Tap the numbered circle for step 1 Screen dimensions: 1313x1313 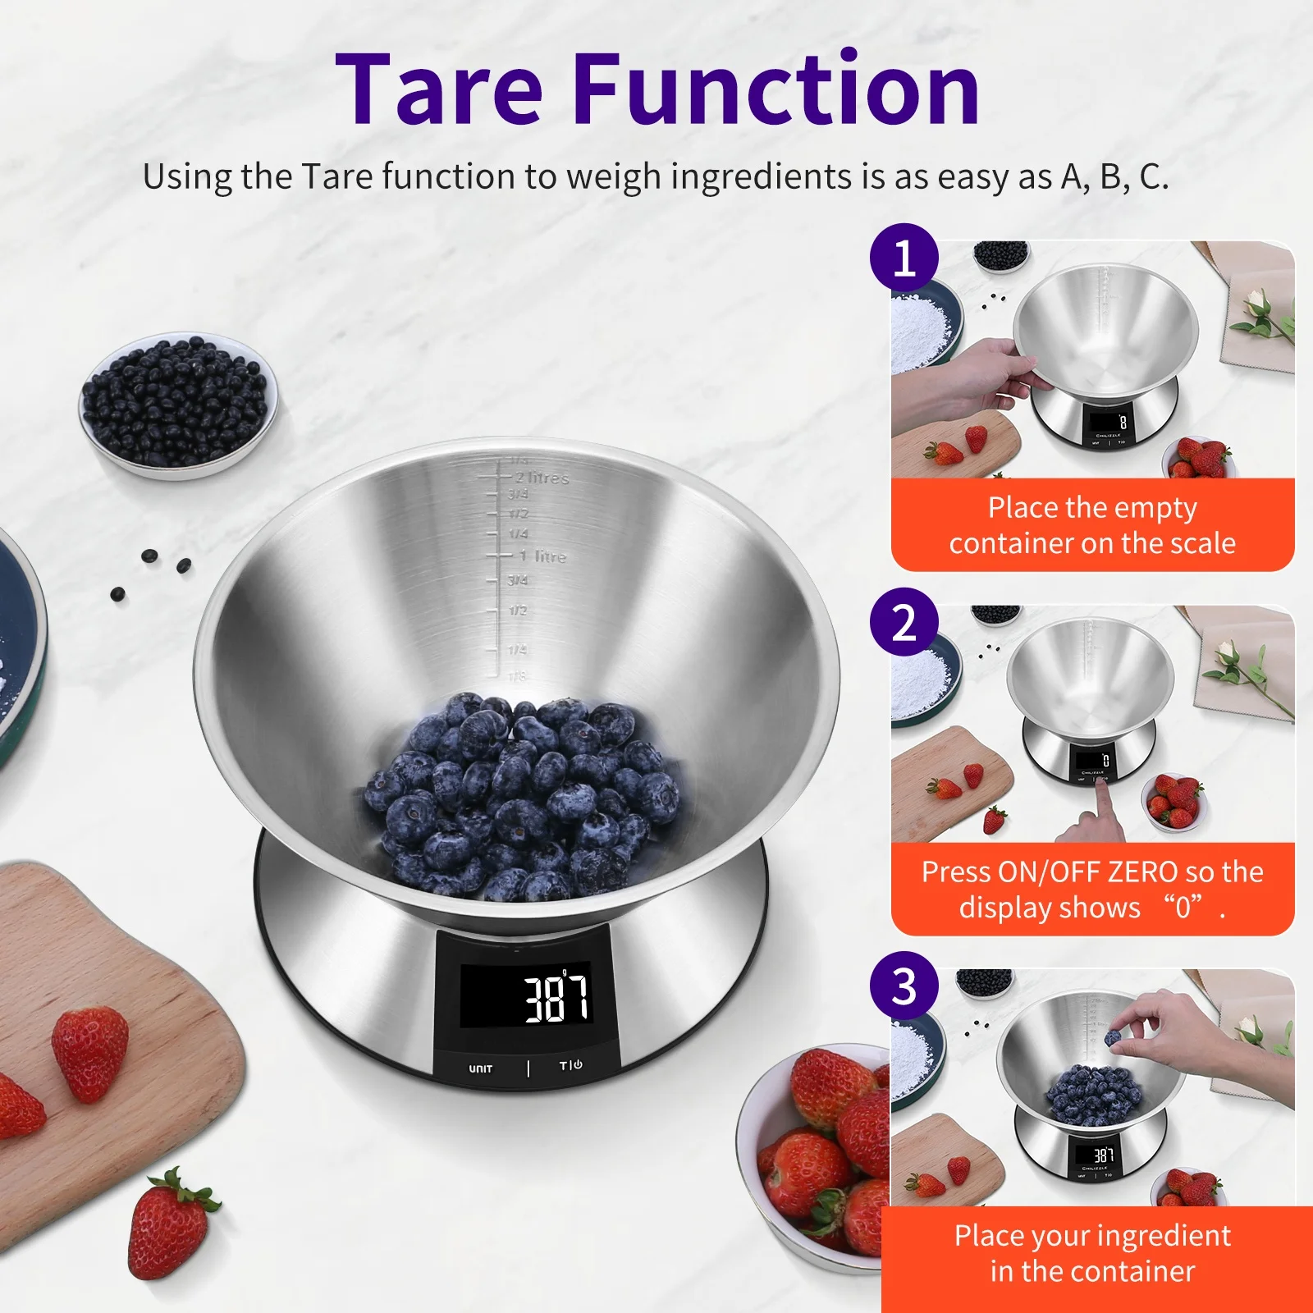[904, 258]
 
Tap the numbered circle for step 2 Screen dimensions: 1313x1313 [904, 622]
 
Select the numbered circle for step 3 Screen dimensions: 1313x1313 [904, 986]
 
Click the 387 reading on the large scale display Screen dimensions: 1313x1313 [556, 997]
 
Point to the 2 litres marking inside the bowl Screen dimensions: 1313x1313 [542, 478]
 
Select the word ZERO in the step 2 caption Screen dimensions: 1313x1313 [1141, 872]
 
